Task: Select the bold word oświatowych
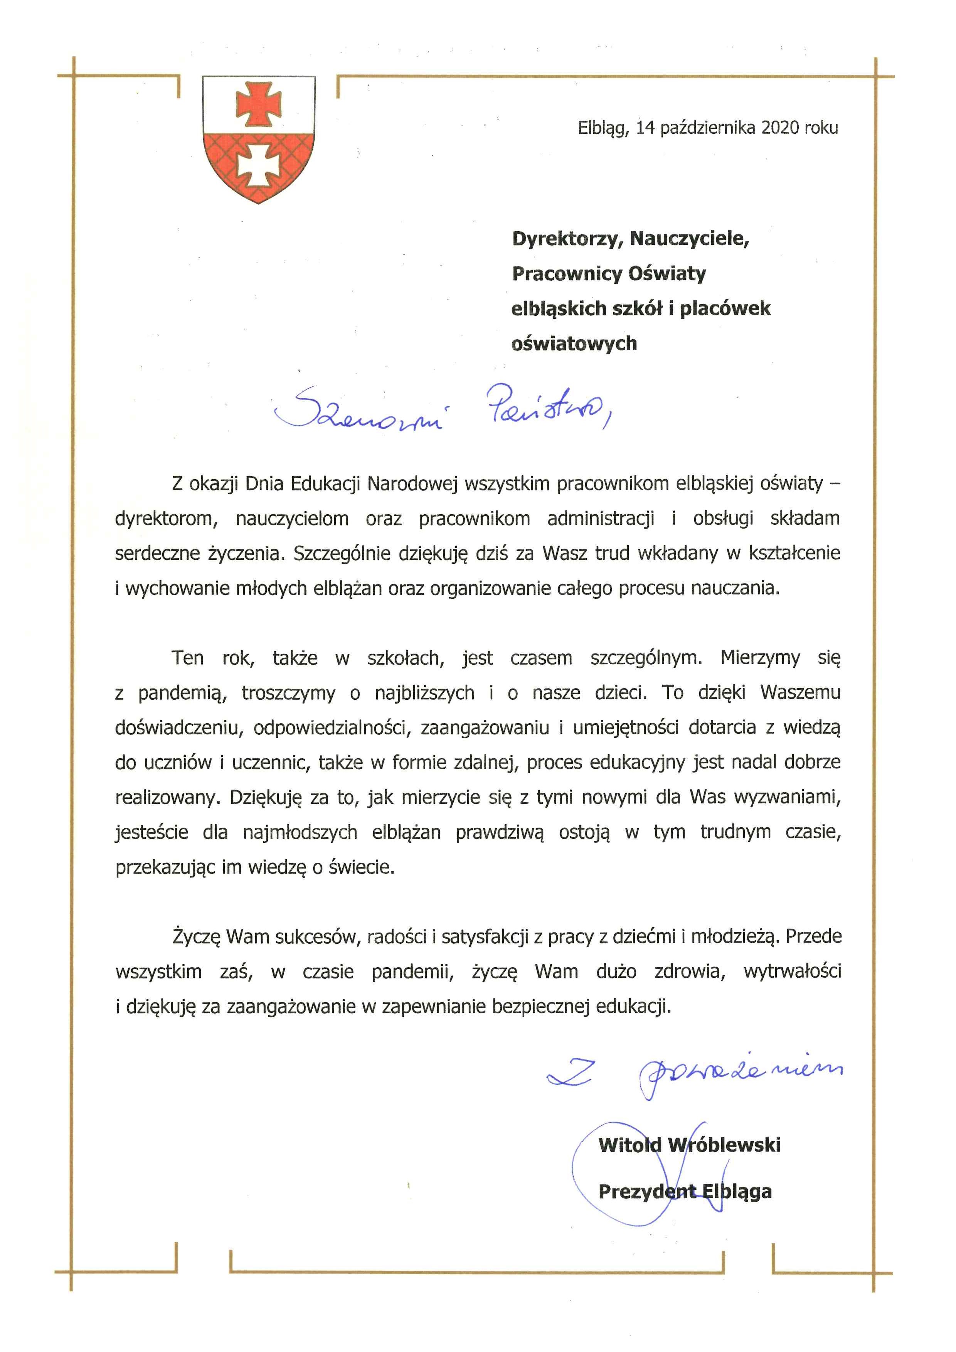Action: (574, 343)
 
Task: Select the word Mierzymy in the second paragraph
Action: (760, 657)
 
